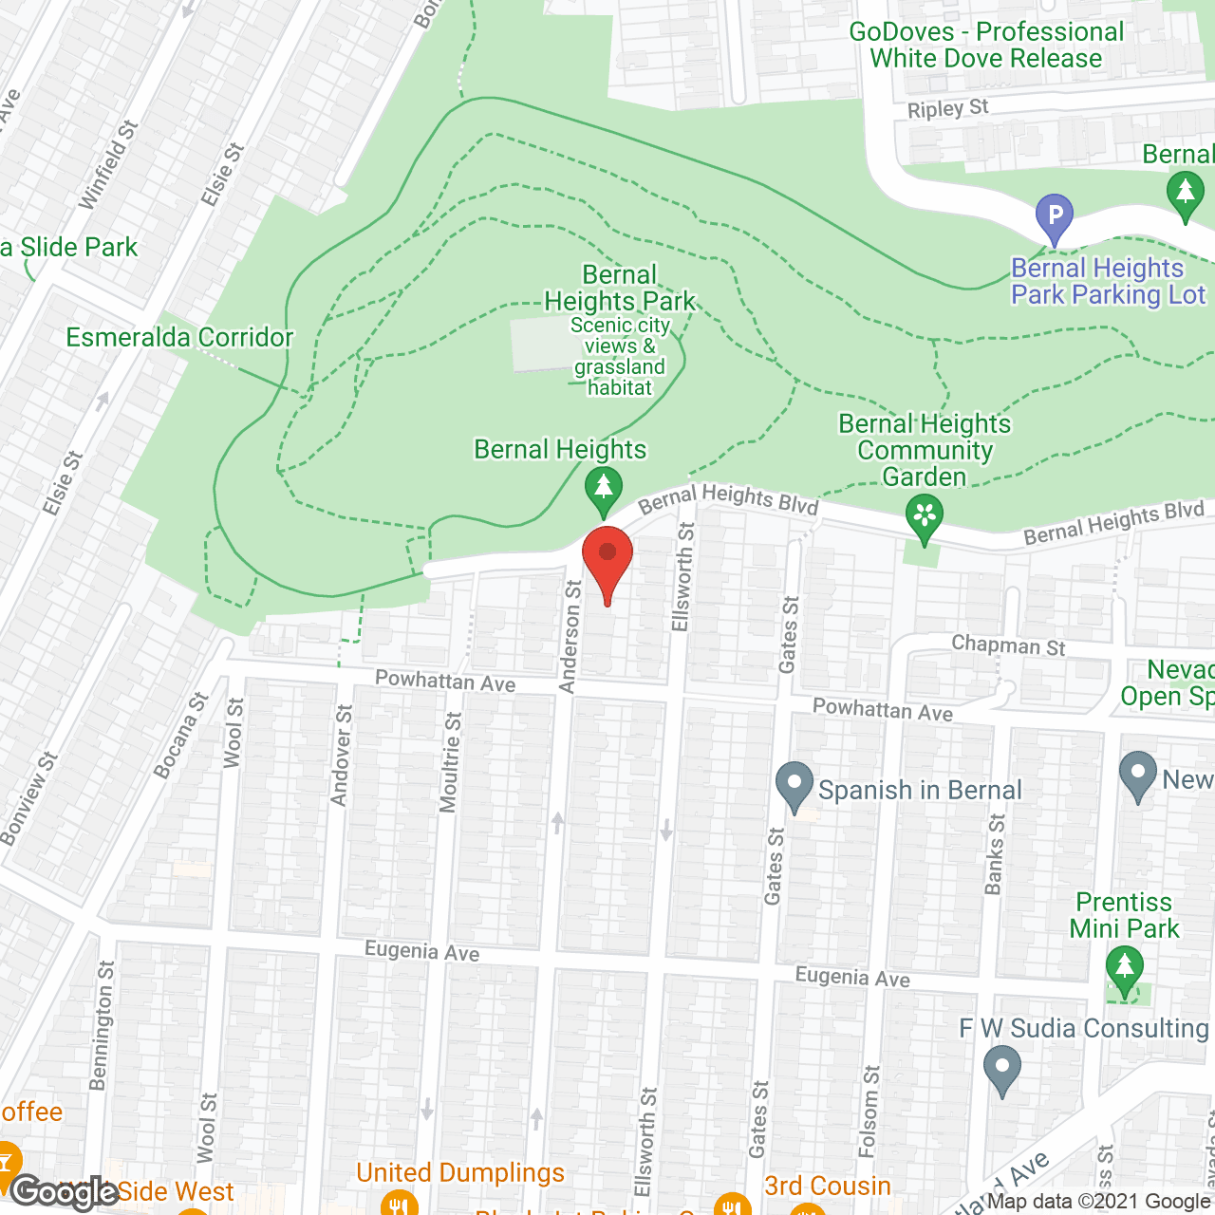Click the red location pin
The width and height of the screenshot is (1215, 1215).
coord(607,560)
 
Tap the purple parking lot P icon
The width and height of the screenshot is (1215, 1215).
coord(1054,216)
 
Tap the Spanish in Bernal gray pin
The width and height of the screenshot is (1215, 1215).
coord(794,786)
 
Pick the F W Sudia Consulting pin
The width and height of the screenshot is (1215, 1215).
coord(1001,1068)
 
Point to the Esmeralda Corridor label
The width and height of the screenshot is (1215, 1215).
coord(179,337)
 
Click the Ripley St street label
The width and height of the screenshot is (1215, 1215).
coord(947,109)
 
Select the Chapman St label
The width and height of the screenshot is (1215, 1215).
coord(1008,645)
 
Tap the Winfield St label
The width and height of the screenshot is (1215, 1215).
coord(108,164)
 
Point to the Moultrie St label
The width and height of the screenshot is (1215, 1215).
coord(451,762)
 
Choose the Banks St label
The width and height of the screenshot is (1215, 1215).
coord(994,854)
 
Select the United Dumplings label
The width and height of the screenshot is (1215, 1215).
coord(460,1173)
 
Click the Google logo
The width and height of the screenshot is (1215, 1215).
coord(64,1192)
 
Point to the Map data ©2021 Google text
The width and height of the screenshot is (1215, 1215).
coord(1098,1201)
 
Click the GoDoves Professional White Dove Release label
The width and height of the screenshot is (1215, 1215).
coord(986,45)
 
